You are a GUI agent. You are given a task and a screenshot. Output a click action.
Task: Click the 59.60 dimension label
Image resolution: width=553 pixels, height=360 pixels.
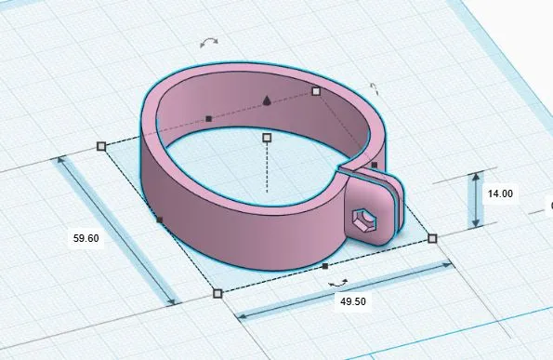point(86,238)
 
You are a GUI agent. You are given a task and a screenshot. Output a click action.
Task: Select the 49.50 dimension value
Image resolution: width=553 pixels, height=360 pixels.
point(353,301)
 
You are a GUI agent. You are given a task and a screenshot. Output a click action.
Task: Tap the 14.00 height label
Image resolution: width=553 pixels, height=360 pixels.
point(500,193)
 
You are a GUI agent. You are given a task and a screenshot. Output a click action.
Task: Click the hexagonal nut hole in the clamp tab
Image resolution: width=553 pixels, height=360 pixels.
point(364,220)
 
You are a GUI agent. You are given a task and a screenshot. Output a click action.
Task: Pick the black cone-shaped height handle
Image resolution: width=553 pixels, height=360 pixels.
point(267,100)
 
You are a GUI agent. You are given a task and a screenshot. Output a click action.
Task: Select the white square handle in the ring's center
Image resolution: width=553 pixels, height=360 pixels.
point(267,138)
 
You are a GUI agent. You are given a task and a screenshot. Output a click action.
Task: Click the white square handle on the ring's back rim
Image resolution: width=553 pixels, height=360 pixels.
point(316,91)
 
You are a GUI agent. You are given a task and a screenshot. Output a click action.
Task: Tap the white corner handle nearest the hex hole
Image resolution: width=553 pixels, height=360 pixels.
point(432,238)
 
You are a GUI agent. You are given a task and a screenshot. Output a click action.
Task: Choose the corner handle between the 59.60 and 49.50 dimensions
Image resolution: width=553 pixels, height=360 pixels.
point(217,293)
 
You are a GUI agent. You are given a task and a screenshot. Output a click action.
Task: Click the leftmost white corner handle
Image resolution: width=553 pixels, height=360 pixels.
point(101,146)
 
